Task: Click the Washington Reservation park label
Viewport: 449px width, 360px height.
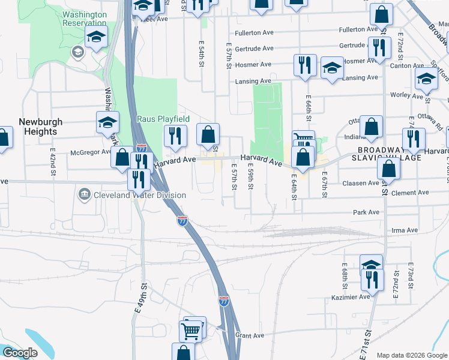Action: coord(84,18)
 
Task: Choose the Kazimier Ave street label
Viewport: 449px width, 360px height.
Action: coord(351,297)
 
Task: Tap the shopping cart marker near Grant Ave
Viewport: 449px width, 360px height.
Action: coord(191,331)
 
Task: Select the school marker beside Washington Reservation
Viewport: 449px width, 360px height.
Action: coord(96,38)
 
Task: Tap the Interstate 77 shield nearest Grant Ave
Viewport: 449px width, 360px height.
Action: coord(223,300)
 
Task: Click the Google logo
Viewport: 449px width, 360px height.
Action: coord(20,353)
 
